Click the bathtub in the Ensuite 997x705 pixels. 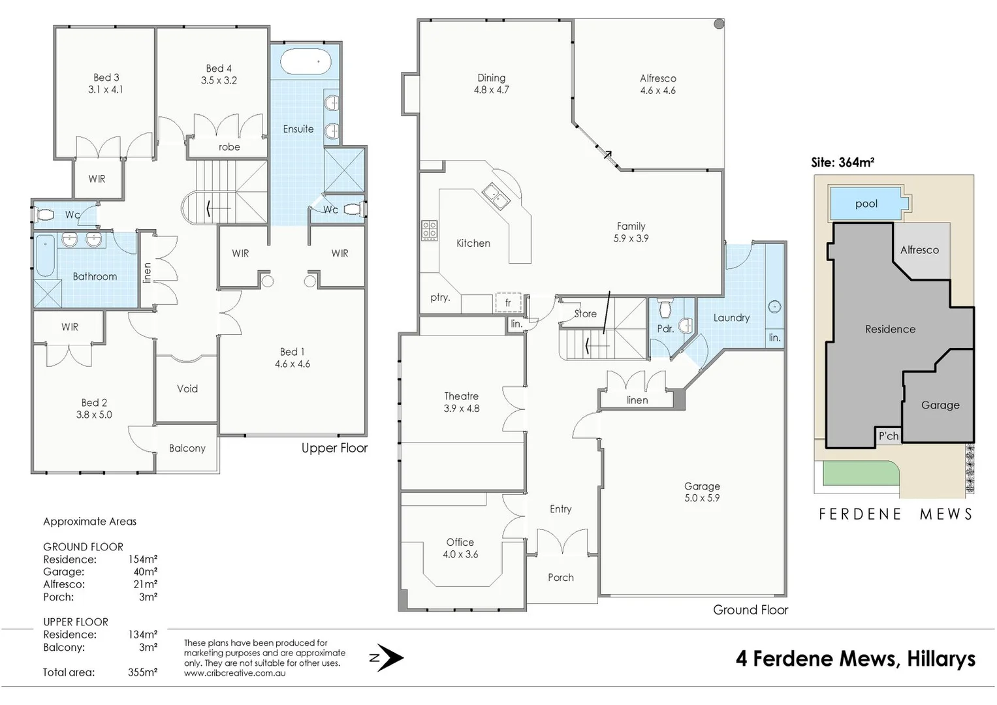(x=305, y=62)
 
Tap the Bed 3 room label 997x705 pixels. (x=106, y=84)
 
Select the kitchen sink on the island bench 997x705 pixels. (x=496, y=195)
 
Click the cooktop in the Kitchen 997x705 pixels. (x=429, y=230)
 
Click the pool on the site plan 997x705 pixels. (x=867, y=203)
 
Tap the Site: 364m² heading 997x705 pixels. (x=842, y=163)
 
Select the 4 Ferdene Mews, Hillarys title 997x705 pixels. (x=855, y=658)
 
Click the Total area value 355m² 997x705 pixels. (x=142, y=672)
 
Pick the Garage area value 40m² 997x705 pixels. (x=145, y=572)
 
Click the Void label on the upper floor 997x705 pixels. (x=187, y=388)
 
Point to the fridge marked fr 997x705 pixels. (x=508, y=303)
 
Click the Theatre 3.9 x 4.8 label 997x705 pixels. (x=461, y=402)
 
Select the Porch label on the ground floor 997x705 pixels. (x=560, y=577)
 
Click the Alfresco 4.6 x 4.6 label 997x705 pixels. (x=657, y=84)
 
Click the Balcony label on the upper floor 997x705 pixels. (x=187, y=448)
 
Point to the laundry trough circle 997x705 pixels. (x=775, y=306)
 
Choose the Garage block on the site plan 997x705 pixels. (x=939, y=405)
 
